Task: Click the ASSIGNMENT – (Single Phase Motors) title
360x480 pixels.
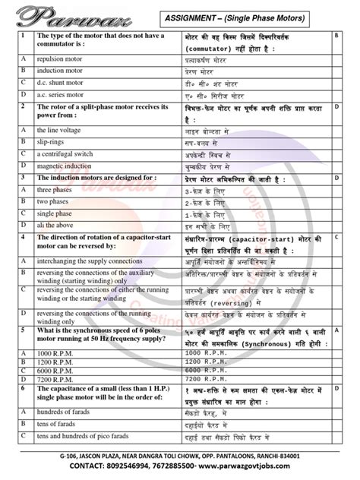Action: [242, 17]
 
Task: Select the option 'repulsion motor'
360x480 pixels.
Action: [62, 58]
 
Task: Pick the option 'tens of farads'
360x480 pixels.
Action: [61, 425]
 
